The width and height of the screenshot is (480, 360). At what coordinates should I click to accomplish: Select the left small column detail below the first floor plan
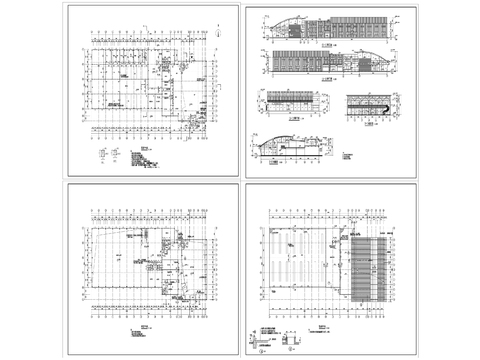pyautogui.click(x=102, y=152)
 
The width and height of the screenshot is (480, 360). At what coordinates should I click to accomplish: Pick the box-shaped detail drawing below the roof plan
pyautogui.click(x=289, y=341)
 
